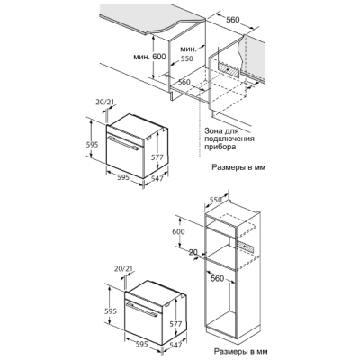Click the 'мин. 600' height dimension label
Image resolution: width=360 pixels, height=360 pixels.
(149, 57)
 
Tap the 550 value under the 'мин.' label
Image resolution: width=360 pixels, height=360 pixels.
(186, 58)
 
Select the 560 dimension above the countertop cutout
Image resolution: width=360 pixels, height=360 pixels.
(233, 20)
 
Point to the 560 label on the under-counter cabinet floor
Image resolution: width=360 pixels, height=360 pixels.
(184, 82)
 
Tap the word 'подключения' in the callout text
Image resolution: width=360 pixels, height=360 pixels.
(229, 139)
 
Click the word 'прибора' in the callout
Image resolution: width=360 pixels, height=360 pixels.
(220, 147)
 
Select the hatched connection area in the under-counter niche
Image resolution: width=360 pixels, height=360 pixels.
(229, 69)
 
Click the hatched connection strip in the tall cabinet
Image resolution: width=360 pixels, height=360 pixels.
(246, 247)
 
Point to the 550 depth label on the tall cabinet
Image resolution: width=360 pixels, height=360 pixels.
(216, 200)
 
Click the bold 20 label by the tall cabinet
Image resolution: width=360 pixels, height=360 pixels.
(193, 253)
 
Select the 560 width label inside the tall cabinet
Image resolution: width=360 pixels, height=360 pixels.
(218, 279)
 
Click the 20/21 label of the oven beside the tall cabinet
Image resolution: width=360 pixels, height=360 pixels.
(123, 268)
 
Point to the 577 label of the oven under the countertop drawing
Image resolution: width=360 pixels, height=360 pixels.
(157, 157)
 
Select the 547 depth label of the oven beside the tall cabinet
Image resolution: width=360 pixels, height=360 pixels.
(175, 345)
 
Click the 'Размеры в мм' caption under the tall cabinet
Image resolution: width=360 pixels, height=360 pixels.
(240, 351)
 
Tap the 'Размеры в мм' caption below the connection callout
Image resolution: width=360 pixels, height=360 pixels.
(238, 167)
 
